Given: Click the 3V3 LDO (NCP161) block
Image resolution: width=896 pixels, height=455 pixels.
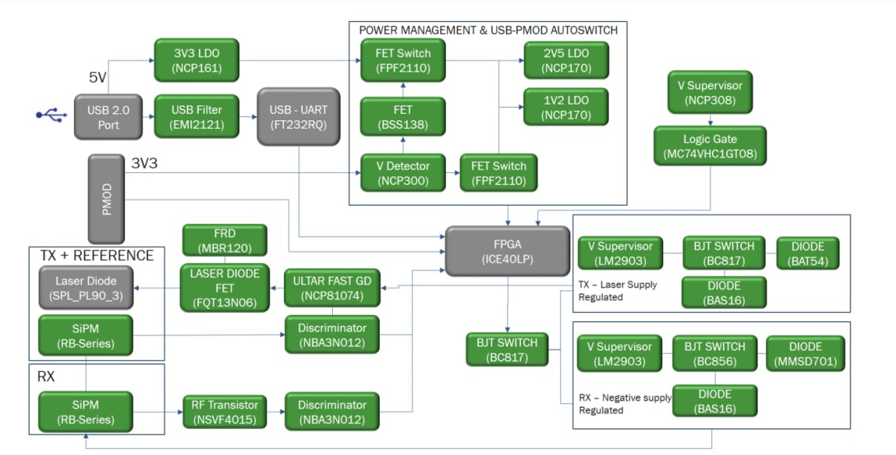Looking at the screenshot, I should (197, 61).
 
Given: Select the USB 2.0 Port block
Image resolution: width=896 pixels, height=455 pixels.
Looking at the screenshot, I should (109, 117).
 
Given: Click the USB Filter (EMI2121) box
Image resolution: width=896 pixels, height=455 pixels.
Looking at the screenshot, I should (197, 117).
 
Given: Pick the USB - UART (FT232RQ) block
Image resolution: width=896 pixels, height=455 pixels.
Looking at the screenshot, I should (298, 117).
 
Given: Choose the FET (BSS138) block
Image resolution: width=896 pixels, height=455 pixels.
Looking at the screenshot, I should (403, 117).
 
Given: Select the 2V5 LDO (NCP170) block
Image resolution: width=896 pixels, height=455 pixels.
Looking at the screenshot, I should (566, 61).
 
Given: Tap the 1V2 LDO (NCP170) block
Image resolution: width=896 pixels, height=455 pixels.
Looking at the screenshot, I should (566, 108).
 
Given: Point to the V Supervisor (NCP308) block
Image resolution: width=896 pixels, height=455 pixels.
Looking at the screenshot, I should (710, 92).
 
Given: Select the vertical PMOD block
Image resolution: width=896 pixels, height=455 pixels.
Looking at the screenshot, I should (108, 199).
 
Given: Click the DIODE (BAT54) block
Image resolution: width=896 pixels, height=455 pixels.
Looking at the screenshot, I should (808, 253).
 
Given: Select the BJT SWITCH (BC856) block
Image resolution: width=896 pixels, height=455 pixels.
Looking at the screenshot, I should (714, 354).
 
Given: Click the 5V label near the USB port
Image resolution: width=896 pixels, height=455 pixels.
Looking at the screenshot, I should (98, 78).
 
